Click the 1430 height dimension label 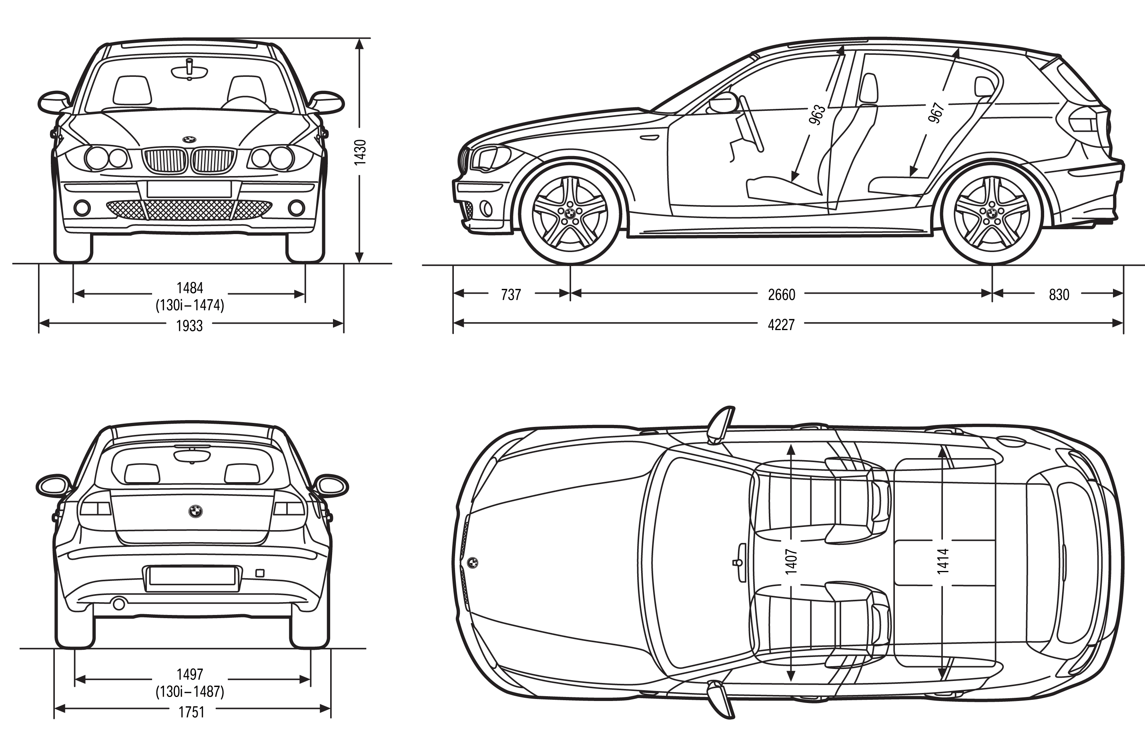(360, 152)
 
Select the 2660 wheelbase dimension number (781, 294)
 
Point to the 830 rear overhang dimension (1059, 294)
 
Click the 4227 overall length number (781, 325)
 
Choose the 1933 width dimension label (190, 326)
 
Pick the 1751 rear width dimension (191, 712)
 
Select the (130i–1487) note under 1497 (190, 692)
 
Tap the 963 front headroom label (817, 114)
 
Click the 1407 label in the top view (791, 561)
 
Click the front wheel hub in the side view (570, 213)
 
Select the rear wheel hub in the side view (992, 213)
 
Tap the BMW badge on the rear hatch (195, 511)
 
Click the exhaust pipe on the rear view (118, 604)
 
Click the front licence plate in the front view (189, 188)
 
